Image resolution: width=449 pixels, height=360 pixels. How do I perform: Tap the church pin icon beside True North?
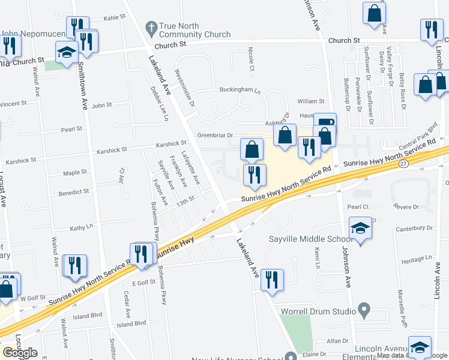(151, 27)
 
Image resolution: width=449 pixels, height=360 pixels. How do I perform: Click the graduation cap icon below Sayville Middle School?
(360, 229)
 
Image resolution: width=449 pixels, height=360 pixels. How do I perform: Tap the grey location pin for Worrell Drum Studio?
(363, 310)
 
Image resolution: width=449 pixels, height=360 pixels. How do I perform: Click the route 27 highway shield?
(403, 163)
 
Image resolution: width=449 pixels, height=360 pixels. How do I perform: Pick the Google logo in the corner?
(20, 352)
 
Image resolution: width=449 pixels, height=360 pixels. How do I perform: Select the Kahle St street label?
(113, 18)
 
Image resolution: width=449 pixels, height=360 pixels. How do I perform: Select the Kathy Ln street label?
(82, 227)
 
